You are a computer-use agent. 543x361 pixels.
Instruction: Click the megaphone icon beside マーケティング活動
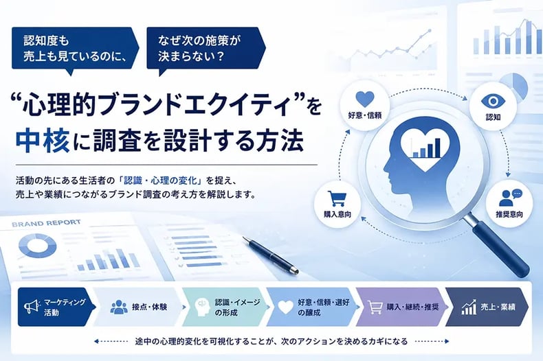click(x=30, y=307)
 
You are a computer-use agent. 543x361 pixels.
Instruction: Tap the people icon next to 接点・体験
click(x=119, y=307)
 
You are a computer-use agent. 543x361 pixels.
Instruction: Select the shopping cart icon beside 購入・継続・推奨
click(x=375, y=307)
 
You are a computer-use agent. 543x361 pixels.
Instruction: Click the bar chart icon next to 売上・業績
click(x=469, y=307)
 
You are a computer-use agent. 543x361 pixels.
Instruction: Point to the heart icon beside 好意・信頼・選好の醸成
click(x=286, y=307)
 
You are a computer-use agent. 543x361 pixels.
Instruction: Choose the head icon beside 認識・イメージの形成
click(x=202, y=307)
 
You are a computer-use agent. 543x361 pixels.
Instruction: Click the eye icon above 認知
click(x=493, y=101)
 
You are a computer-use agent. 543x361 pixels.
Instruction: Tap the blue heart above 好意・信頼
click(x=365, y=100)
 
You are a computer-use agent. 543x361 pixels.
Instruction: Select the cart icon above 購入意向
click(x=337, y=199)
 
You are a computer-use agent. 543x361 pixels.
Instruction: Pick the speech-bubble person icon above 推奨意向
click(x=511, y=198)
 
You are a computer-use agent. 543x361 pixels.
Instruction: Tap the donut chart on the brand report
click(x=37, y=246)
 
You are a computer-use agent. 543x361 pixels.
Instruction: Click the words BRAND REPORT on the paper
click(x=46, y=223)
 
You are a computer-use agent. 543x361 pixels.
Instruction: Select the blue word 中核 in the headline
click(x=42, y=141)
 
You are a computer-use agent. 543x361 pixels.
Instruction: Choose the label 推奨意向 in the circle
click(x=509, y=214)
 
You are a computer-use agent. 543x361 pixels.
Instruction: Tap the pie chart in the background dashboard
click(x=515, y=85)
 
